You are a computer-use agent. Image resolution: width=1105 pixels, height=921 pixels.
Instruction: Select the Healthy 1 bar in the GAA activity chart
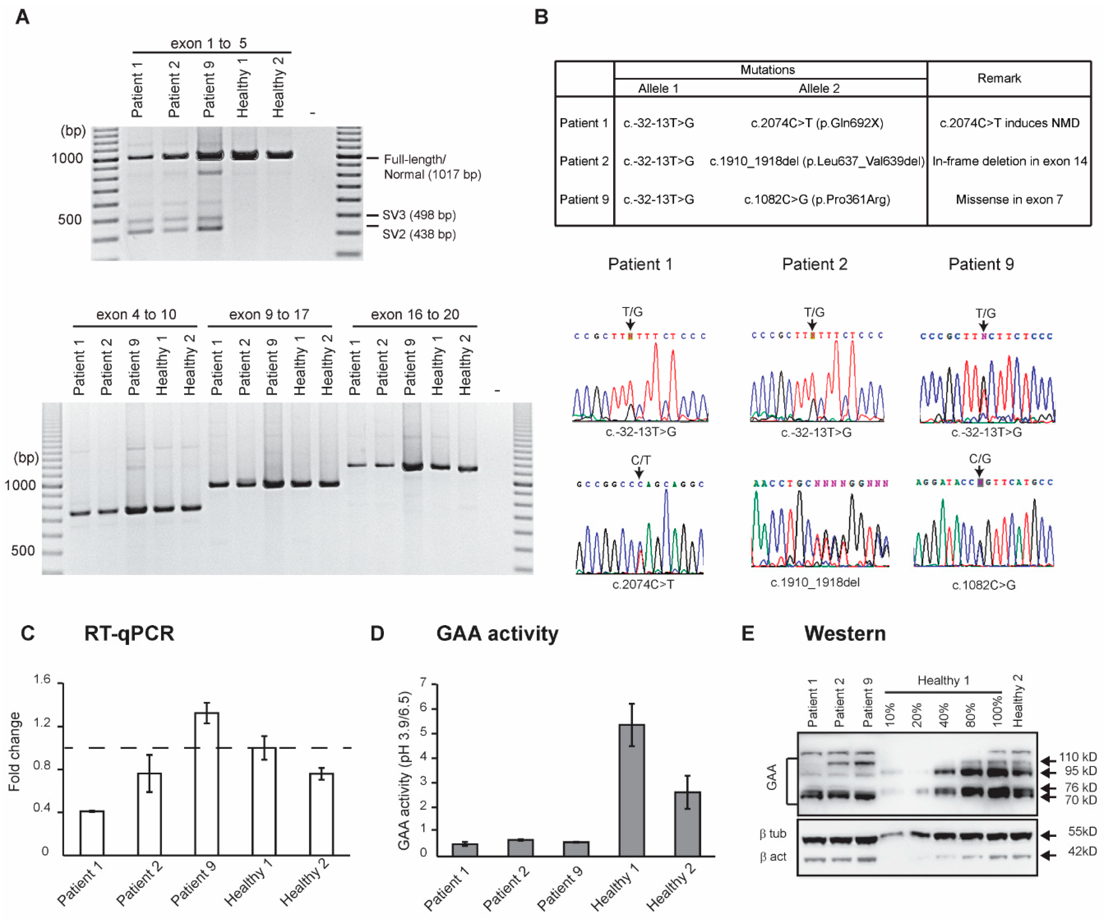[x=632, y=789]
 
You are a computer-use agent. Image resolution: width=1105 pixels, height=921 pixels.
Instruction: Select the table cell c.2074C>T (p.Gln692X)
[x=816, y=123]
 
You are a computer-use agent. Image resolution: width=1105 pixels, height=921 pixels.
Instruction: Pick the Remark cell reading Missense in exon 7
[x=1009, y=200]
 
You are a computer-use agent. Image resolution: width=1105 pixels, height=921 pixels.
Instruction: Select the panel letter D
[x=377, y=633]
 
